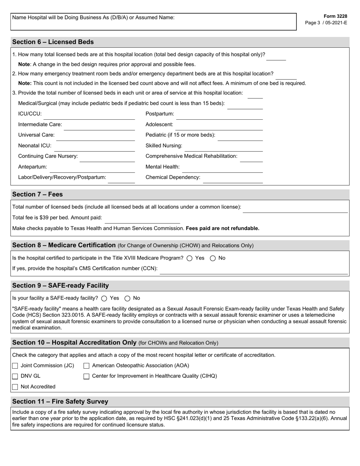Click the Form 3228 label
[335, 16]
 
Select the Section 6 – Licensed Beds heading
[53, 42]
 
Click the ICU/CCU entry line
[89, 116]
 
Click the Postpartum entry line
[219, 116]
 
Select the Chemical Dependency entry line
[233, 179]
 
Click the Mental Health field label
[163, 167]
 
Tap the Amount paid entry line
[142, 220]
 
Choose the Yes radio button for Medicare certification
[189, 258]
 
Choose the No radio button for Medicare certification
[213, 258]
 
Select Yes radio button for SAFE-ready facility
[104, 299]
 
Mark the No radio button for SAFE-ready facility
[127, 299]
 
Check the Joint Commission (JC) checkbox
[15, 366]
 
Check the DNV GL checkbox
[15, 377]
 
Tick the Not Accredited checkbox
[15, 387]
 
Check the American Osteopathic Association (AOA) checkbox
[86, 366]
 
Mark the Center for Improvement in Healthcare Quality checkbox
[86, 377]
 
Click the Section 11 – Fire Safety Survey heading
[60, 402]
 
